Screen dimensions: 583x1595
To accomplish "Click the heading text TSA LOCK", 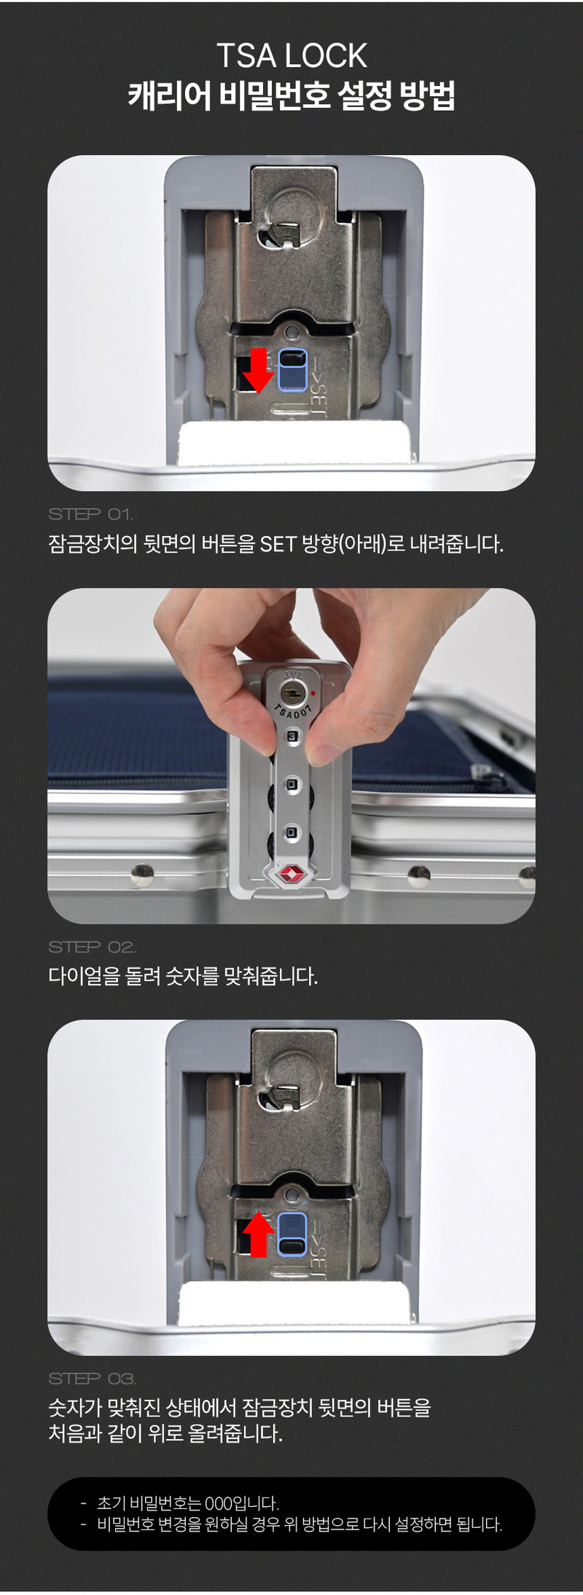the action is point(291,56).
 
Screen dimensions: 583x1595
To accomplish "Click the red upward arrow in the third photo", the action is point(257,1234).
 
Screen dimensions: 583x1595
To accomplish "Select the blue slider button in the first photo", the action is point(293,369).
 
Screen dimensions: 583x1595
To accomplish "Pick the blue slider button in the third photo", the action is point(292,1234).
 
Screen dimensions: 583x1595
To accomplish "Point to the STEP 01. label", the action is point(91,514).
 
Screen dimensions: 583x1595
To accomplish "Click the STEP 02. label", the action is point(92,947).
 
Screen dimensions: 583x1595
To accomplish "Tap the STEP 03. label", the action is point(92,1379).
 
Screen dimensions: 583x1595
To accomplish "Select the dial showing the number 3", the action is point(292,737).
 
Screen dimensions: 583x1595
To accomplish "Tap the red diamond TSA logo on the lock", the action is point(291,874).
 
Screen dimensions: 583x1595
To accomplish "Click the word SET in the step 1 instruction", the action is point(278,544).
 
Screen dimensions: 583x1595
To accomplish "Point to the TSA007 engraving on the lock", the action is point(294,711).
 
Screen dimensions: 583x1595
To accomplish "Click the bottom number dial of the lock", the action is point(291,831).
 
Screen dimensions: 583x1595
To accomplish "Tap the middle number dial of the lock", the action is point(291,784).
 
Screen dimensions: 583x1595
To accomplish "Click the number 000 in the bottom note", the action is point(218,1503).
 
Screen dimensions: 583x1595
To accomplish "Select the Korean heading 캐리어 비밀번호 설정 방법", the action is point(291,95).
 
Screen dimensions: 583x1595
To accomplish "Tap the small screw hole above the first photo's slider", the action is point(292,332).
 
